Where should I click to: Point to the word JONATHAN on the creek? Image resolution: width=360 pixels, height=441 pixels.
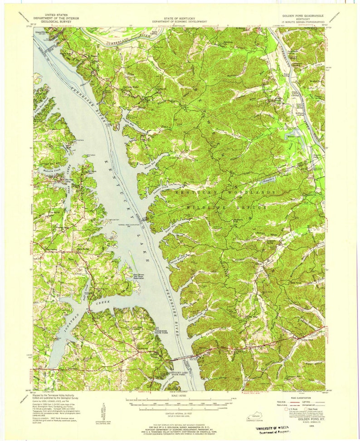click(x=68, y=324)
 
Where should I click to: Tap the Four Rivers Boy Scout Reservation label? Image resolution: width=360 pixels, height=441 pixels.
click(x=141, y=276)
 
